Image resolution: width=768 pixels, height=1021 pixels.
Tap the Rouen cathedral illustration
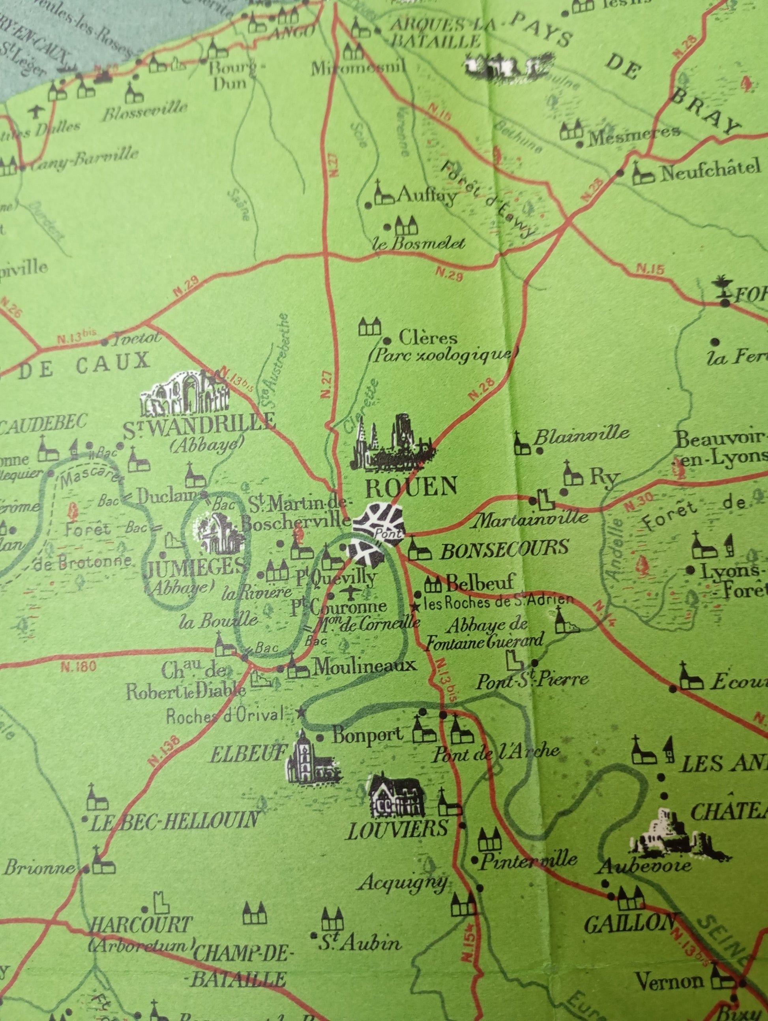pos(393,443)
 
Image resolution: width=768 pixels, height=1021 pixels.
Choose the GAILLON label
pos(629,923)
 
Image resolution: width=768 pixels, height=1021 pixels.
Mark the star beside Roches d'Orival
pos(301,711)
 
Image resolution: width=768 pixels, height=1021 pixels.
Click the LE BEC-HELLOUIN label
pos(174,821)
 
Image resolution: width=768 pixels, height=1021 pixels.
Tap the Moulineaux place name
pos(364,665)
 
